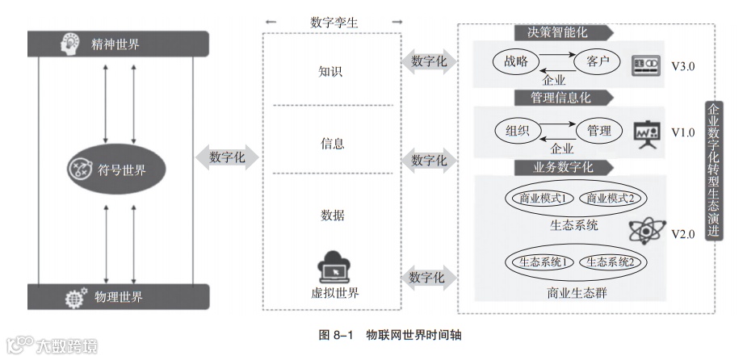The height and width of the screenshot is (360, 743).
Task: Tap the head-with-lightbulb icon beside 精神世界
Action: pos(71,44)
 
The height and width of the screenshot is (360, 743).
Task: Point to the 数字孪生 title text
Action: pos(334,22)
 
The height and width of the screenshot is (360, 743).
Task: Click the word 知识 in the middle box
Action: pos(331,71)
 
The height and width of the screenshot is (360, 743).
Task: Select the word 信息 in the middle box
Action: pos(332,144)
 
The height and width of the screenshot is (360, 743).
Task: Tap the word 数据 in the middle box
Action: pos(332,215)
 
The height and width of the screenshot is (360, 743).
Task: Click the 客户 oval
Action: pos(597,61)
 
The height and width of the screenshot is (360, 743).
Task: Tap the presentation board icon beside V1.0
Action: pos(646,132)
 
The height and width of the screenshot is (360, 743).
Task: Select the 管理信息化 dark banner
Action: pos(557,98)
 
